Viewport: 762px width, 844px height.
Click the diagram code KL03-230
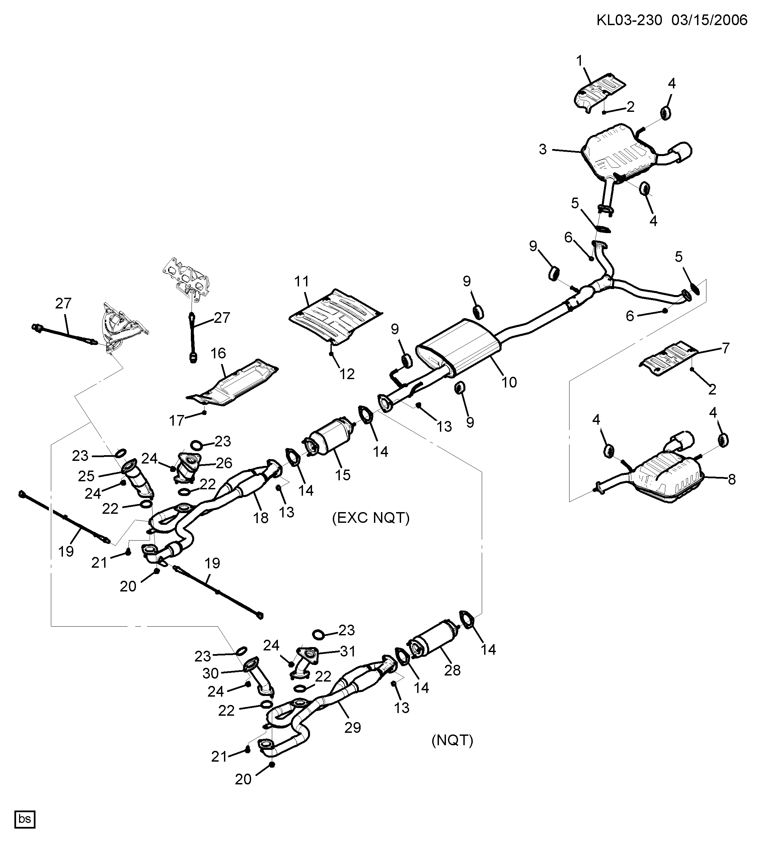point(629,20)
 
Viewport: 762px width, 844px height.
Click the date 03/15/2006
point(709,20)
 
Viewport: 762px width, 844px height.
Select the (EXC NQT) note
point(371,518)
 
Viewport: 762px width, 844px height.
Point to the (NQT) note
point(452,741)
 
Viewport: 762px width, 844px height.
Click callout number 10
point(509,382)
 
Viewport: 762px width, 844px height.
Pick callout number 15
point(342,475)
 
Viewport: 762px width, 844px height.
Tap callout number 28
point(452,670)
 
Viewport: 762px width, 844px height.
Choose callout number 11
point(301,281)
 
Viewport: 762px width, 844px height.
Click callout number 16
point(218,353)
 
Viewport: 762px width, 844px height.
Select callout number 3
point(543,149)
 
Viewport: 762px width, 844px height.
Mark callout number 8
point(732,479)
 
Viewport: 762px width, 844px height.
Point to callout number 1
point(580,61)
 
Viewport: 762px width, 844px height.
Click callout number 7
point(726,348)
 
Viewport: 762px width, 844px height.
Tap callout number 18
point(260,518)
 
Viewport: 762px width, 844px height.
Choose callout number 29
point(352,727)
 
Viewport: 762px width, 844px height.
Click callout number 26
point(224,463)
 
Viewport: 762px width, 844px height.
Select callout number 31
point(348,651)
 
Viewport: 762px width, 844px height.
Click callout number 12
point(347,374)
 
